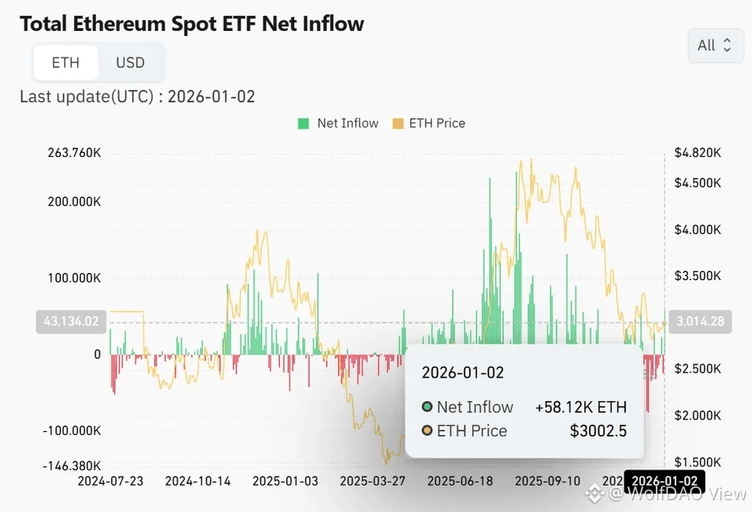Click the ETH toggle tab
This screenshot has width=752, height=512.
pos(65,62)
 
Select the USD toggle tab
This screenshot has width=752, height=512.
pos(131,62)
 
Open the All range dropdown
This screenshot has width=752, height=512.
pos(715,45)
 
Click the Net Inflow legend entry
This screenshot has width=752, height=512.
pos(339,123)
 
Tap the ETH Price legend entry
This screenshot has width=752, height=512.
pos(429,123)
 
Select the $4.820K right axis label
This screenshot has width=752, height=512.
pos(697,153)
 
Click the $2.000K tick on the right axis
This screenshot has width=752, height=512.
pos(697,415)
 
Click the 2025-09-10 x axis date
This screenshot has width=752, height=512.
pos(547,482)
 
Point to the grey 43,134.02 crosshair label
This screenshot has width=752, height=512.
pos(72,321)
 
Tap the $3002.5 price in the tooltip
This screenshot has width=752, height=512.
pos(598,431)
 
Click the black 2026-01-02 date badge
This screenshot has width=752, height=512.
pos(664,482)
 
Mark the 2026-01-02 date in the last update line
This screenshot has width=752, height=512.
pos(211,96)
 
